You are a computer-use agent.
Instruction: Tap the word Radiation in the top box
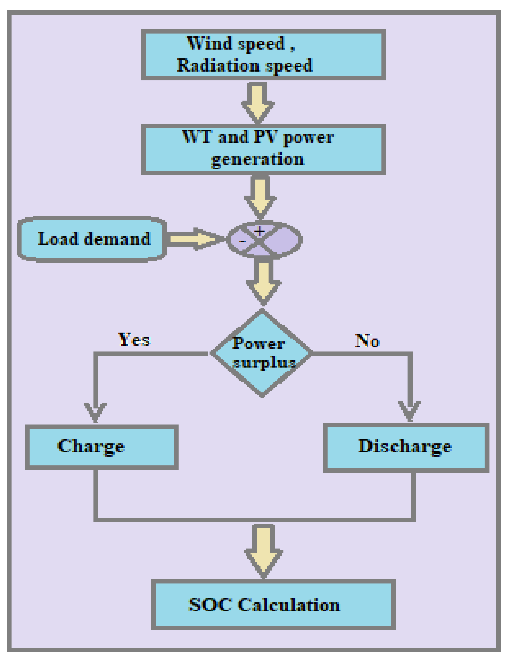coord(218,66)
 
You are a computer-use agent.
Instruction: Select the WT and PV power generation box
coord(263,149)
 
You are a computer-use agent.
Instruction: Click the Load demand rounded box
coord(92,239)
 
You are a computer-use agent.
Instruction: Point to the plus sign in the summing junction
coord(259,232)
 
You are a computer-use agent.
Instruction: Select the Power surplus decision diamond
coord(262,354)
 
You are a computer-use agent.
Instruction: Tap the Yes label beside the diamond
coord(134,340)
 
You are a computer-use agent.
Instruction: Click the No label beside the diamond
coord(367,341)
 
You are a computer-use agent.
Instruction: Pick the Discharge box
coord(406,447)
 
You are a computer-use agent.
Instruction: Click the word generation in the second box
coord(257,159)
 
